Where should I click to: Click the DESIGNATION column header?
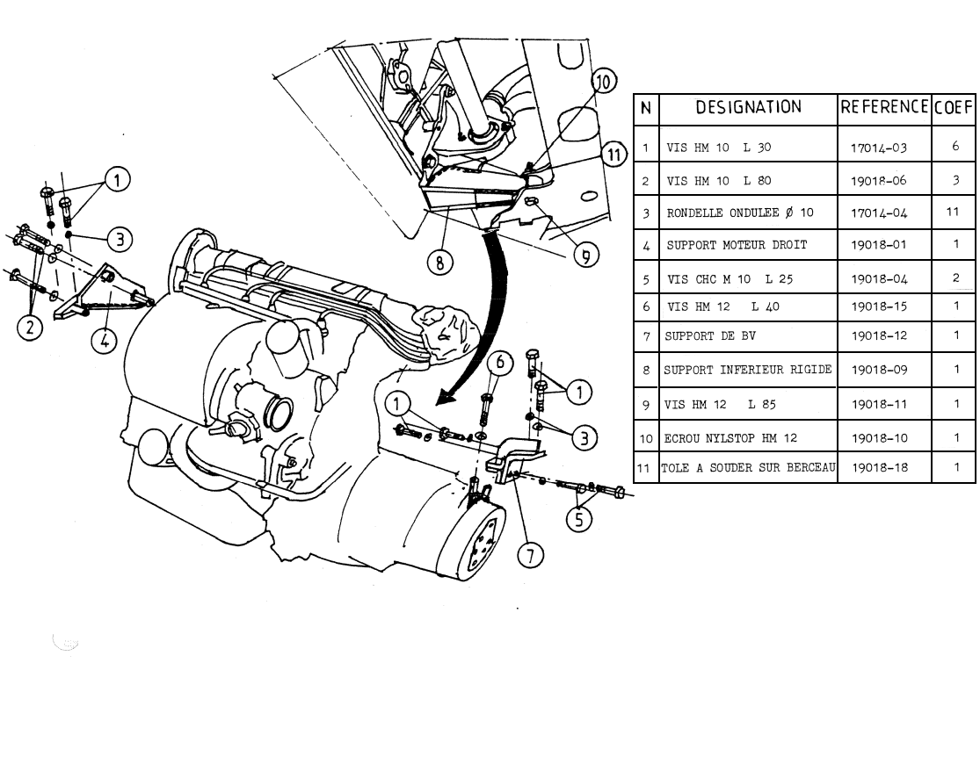click(748, 108)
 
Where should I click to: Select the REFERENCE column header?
click(884, 108)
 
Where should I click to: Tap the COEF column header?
click(954, 109)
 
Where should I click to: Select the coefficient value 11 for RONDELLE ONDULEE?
click(954, 213)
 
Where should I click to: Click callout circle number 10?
click(603, 83)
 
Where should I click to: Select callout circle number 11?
click(613, 155)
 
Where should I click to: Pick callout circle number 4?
click(105, 340)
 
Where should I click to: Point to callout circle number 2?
click(31, 328)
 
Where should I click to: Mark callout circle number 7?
click(530, 554)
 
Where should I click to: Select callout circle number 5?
click(578, 520)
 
